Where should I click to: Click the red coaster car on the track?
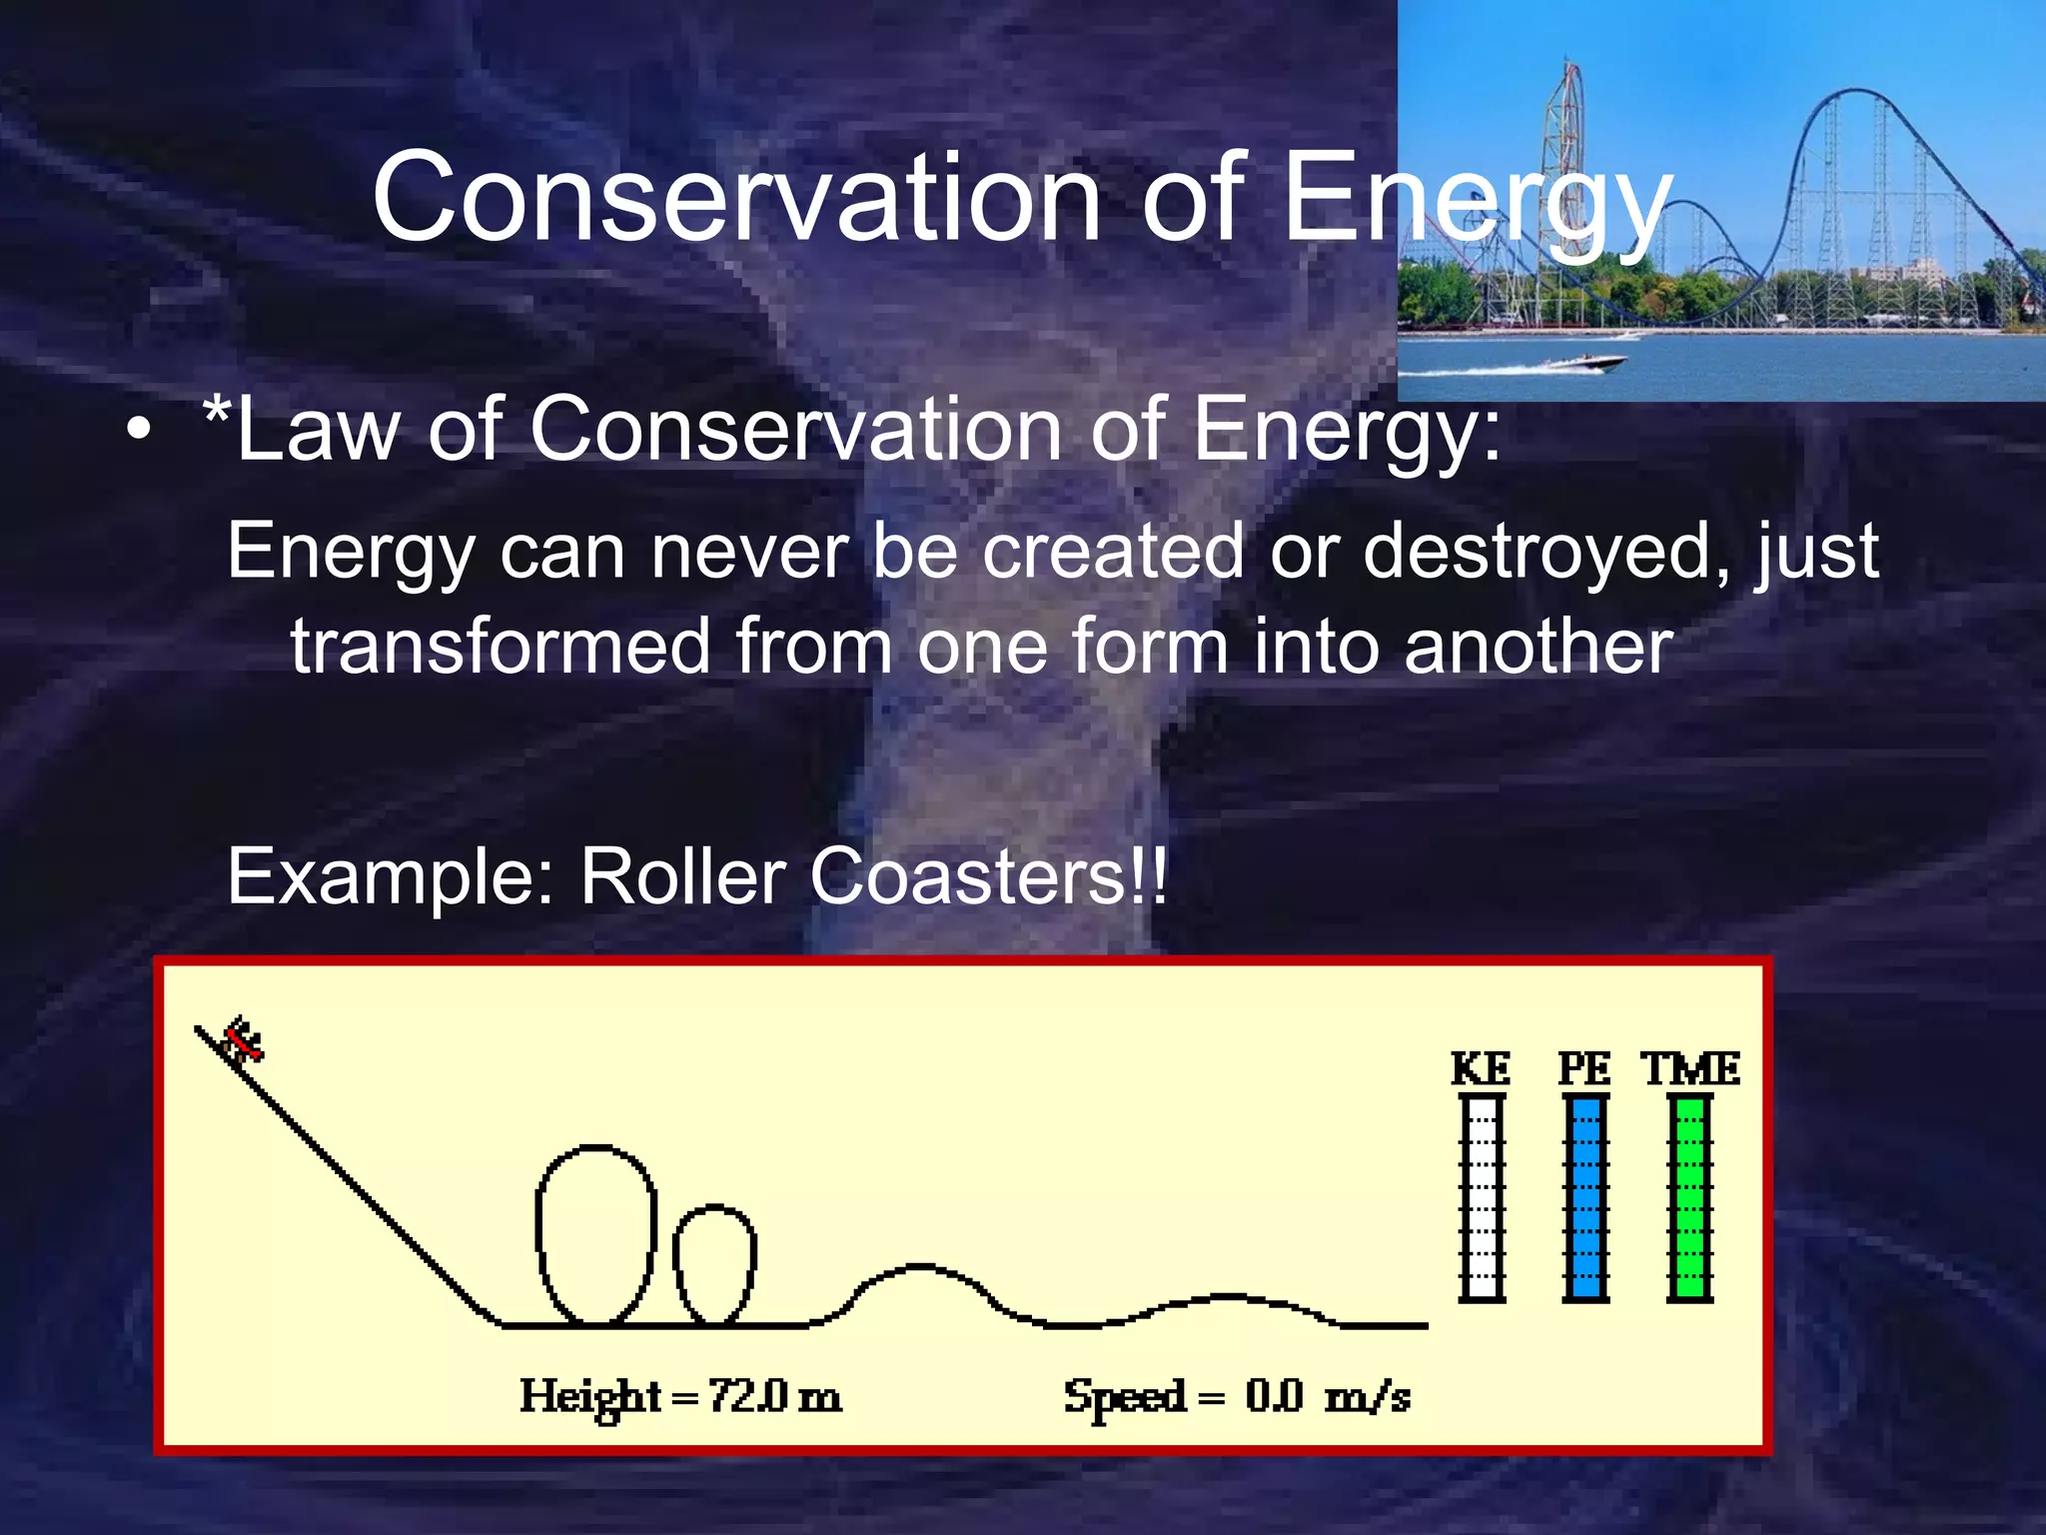[x=243, y=1040]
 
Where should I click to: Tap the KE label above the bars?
[x=1481, y=1068]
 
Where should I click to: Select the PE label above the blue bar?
[x=1584, y=1068]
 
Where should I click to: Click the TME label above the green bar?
[x=1690, y=1068]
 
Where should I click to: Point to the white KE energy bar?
[x=1482, y=1197]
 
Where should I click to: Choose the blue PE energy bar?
[x=1585, y=1197]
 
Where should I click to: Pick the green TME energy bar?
[x=1690, y=1197]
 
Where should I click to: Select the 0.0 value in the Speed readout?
[x=1274, y=1396]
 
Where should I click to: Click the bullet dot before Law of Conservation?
[x=140, y=431]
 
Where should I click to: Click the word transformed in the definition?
[x=501, y=647]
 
